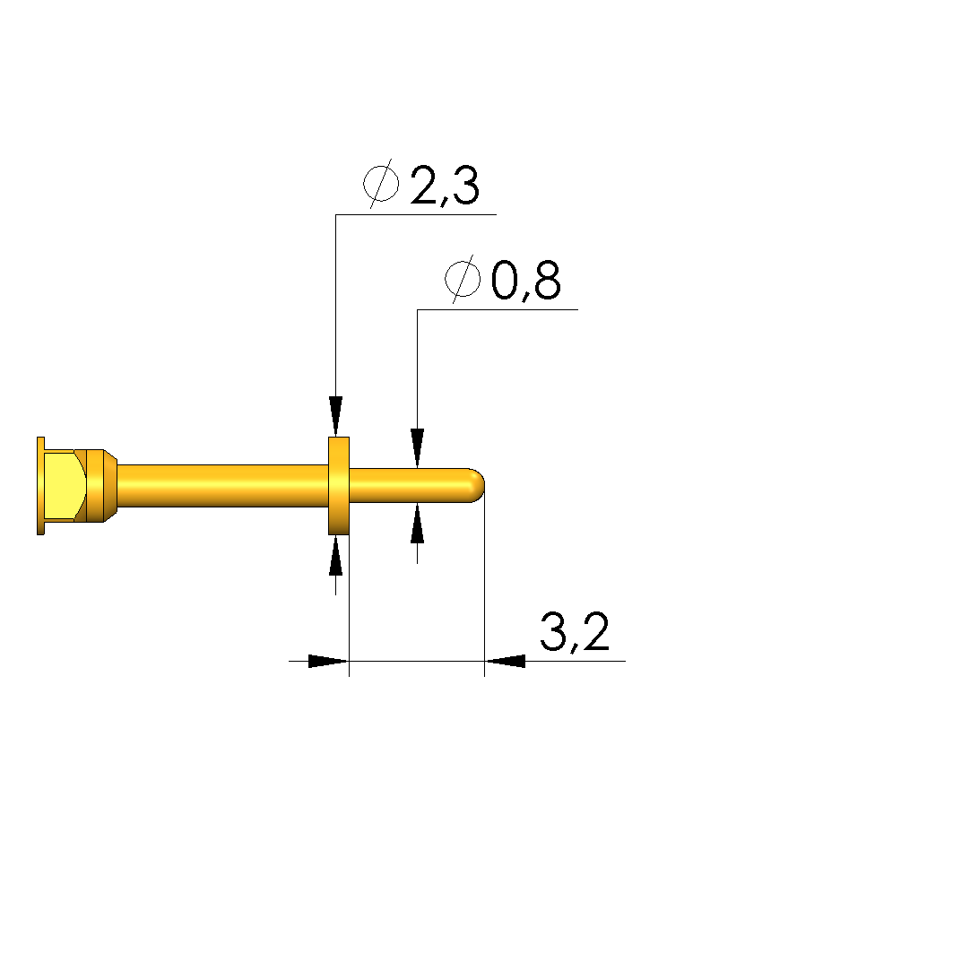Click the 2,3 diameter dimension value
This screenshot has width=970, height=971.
(x=445, y=186)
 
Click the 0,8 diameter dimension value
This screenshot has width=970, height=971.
(x=526, y=280)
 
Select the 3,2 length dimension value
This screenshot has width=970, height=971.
(x=575, y=631)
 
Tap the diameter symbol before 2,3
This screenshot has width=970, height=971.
(x=381, y=183)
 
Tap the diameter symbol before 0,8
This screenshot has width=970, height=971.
(x=463, y=279)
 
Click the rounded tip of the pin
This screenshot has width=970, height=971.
(x=477, y=486)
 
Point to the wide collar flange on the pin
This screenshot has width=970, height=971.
(x=339, y=486)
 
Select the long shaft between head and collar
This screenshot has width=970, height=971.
(x=222, y=486)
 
